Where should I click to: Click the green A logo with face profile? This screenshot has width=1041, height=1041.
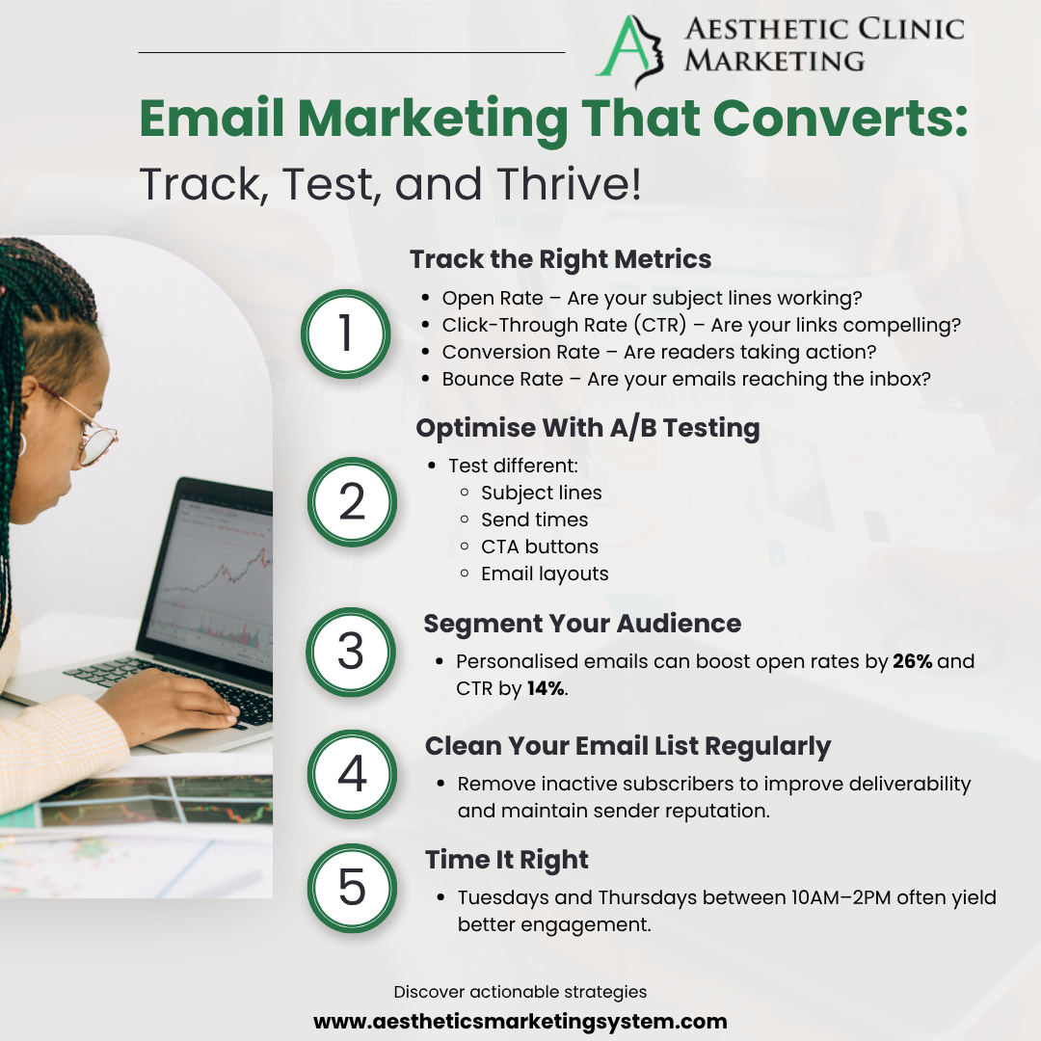tap(629, 50)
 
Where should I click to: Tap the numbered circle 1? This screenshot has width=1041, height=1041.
tap(345, 334)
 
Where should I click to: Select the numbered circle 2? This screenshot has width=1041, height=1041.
tap(352, 502)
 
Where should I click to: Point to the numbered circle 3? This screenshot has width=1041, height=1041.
tap(351, 652)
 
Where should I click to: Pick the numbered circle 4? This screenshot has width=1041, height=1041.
tap(352, 774)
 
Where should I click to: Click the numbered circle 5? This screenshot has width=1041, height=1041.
tap(352, 888)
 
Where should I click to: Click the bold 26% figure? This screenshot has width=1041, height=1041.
tap(912, 661)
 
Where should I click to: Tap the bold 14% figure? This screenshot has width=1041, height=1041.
tap(546, 688)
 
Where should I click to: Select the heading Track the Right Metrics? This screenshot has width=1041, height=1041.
tap(560, 259)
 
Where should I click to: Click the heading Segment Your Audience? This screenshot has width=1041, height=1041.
tap(582, 624)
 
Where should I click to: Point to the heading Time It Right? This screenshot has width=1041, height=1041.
tap(507, 860)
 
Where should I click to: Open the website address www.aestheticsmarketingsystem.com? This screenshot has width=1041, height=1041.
tap(520, 1021)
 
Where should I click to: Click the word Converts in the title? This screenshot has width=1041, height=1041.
tap(841, 119)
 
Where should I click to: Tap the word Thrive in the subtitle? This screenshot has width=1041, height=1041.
tap(569, 184)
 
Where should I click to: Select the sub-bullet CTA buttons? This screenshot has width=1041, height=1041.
tap(539, 547)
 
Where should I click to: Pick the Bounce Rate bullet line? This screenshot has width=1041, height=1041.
tap(686, 379)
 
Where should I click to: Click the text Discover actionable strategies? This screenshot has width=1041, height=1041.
tap(520, 992)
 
